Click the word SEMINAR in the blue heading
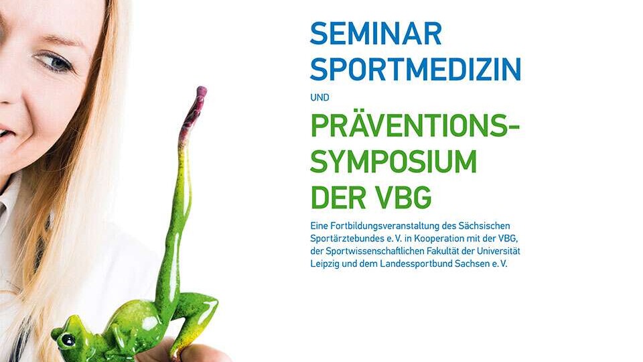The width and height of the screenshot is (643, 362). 376,34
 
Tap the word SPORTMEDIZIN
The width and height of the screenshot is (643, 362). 415,70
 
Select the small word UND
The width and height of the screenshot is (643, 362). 320,98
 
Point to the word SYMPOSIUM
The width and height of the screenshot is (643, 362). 394,162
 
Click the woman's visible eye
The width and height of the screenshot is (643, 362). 55,62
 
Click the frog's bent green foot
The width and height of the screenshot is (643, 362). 201,312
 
